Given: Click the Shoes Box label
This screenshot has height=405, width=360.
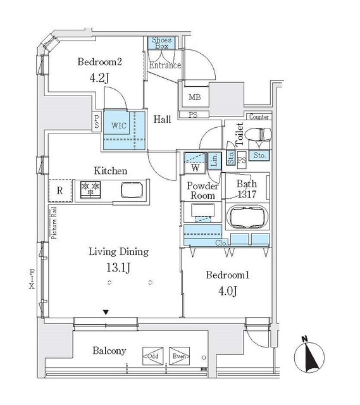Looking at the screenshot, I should [161, 42].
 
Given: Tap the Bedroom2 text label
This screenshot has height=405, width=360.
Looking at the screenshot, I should [99, 62].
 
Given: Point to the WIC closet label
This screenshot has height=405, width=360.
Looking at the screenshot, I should [120, 125].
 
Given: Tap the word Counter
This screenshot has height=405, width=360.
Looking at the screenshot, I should [259, 117].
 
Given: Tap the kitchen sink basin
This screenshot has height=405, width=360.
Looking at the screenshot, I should [132, 190].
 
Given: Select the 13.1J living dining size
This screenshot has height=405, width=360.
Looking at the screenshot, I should [118, 267].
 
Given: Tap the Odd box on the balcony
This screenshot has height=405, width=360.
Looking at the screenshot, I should [152, 356].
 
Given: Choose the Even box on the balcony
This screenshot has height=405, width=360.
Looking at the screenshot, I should [179, 356].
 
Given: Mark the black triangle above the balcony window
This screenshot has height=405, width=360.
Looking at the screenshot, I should [106, 312].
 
